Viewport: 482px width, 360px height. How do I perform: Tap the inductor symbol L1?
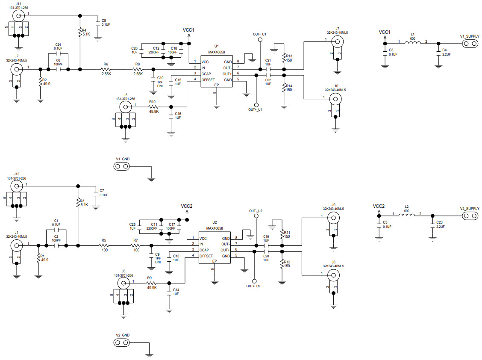(412, 43)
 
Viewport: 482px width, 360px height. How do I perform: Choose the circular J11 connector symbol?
(18, 15)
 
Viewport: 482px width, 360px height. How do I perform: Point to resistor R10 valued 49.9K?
(152, 107)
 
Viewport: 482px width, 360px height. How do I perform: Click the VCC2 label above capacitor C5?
(379, 206)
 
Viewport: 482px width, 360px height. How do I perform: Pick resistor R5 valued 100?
(103, 245)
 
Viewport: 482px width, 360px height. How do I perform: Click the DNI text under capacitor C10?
(160, 86)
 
